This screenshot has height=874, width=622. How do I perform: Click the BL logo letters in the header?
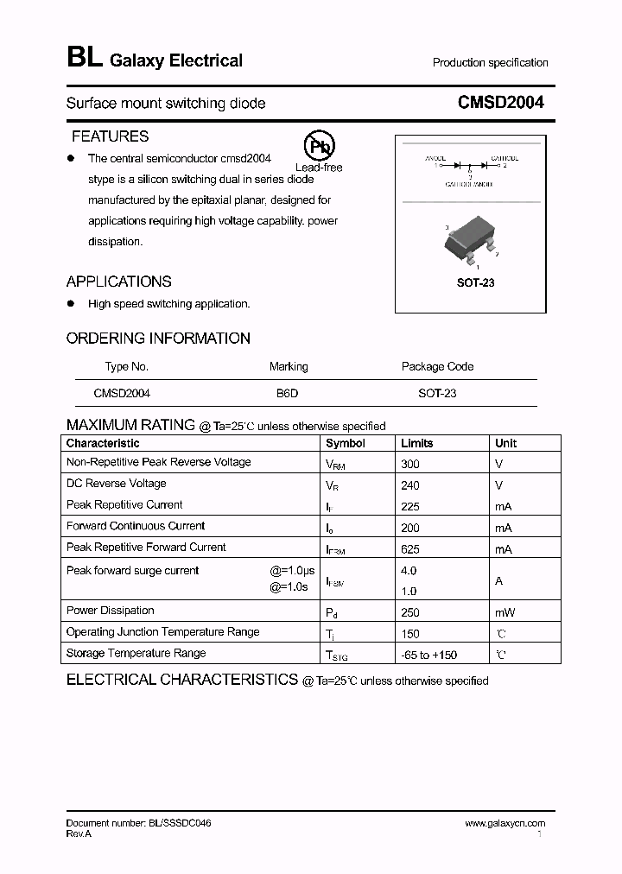[x=83, y=59]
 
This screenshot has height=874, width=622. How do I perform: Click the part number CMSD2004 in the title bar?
[x=500, y=103]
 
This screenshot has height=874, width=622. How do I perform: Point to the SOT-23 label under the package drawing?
[x=475, y=282]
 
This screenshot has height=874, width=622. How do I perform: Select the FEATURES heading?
[x=110, y=136]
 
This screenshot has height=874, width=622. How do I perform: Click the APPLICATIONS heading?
[x=119, y=282]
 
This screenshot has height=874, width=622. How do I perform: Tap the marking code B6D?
[x=287, y=393]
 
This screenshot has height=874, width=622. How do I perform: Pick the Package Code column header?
[x=437, y=366]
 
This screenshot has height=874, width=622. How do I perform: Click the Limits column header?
[x=417, y=443]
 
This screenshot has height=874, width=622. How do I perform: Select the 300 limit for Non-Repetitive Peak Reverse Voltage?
[x=410, y=464]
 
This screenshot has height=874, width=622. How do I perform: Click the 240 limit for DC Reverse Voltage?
[x=410, y=485]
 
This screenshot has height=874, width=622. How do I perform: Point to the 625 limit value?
[x=410, y=549]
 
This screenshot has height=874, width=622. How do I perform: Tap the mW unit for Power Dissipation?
[x=505, y=612]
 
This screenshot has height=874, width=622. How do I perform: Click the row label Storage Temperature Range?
[x=136, y=653]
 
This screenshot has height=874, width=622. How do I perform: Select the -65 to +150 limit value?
[x=429, y=655]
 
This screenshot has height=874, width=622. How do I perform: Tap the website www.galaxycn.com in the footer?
[x=505, y=824]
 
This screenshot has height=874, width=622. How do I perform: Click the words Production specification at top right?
[x=490, y=63]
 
